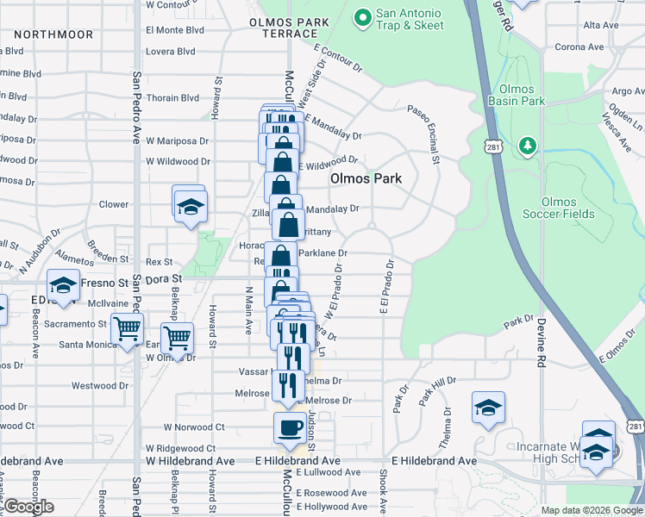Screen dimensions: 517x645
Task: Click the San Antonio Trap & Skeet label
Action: tap(410, 20)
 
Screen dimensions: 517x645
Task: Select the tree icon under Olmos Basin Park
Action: tap(526, 146)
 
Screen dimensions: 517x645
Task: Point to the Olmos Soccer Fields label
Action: tap(560, 208)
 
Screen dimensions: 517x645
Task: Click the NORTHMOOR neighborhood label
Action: tap(53, 34)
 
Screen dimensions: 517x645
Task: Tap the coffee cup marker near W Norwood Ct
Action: tap(290, 427)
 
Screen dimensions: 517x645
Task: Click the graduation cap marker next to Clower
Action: tap(189, 205)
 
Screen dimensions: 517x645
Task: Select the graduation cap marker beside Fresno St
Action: tap(63, 284)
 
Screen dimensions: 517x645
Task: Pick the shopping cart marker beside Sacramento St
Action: tap(128, 328)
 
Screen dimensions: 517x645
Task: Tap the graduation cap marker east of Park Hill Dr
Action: tap(488, 408)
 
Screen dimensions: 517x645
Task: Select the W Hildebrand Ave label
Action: tap(190, 461)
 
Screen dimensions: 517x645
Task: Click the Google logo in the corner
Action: tap(28, 508)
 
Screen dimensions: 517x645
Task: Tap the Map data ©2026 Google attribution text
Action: tap(590, 510)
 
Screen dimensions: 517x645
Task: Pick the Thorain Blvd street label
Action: tap(172, 98)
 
